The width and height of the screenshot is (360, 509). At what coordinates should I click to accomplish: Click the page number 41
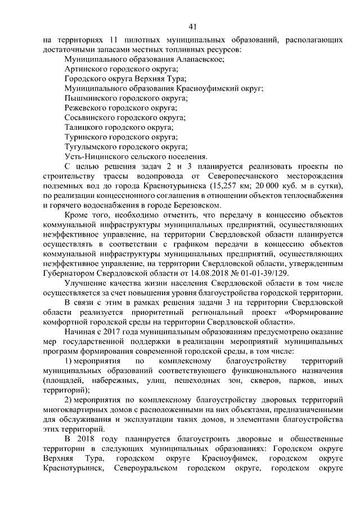coord(192,26)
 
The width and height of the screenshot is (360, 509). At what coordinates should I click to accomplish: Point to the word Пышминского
coord(92,98)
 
